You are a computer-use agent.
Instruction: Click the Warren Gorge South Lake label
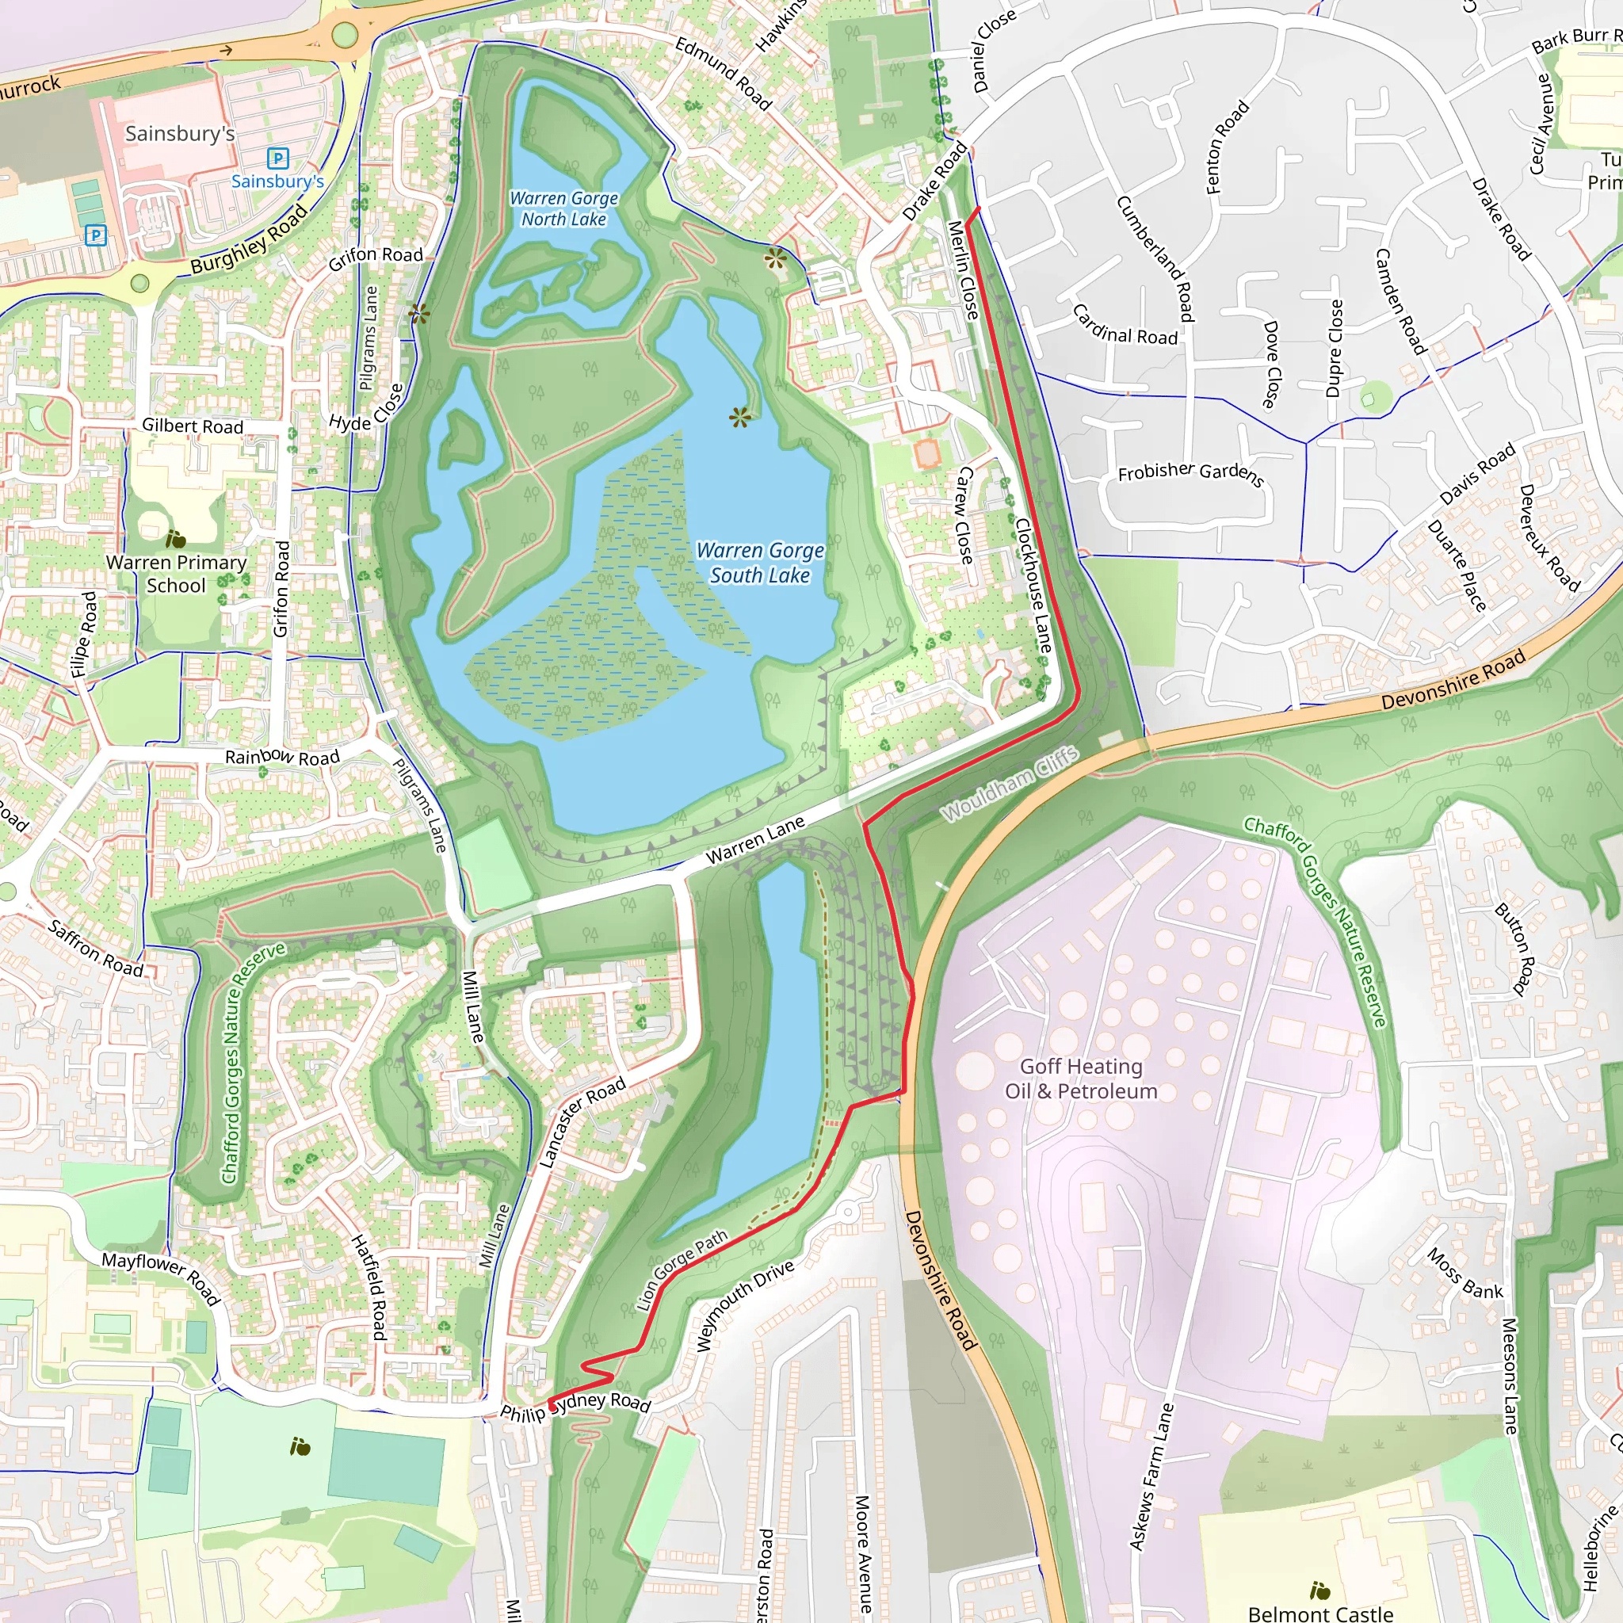click(x=760, y=563)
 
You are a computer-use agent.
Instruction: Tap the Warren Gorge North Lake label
click(x=563, y=208)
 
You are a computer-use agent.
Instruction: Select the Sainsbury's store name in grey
click(x=180, y=134)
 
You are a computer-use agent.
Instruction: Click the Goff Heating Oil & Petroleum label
click(x=1081, y=1079)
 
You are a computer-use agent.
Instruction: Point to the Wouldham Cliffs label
click(x=1010, y=784)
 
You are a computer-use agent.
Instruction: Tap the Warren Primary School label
click(x=177, y=574)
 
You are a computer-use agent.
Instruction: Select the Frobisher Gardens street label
click(x=1190, y=473)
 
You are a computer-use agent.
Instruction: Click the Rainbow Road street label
click(x=282, y=757)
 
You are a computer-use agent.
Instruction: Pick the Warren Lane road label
click(x=754, y=839)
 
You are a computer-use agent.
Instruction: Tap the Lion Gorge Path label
click(x=682, y=1270)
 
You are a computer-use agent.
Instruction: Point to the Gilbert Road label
click(x=193, y=426)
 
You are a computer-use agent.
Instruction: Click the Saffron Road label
click(x=96, y=949)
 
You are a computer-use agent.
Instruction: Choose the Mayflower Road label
click(x=162, y=1278)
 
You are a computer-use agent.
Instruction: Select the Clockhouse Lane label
click(x=1033, y=586)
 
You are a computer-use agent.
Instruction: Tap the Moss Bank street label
click(x=1465, y=1274)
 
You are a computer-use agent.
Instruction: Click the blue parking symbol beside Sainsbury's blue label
click(x=277, y=158)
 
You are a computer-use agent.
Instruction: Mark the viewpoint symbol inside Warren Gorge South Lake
click(x=739, y=417)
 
